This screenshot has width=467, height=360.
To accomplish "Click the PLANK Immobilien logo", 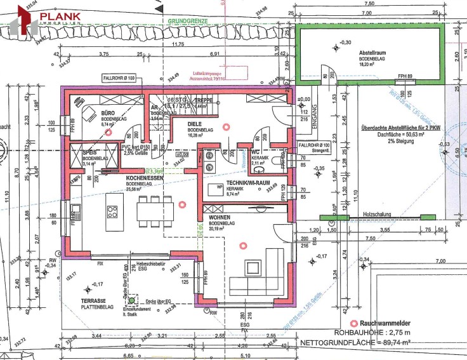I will [x=48, y=17].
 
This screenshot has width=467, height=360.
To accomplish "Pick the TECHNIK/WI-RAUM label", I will [x=237, y=183].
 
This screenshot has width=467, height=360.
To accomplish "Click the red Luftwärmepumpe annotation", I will [x=208, y=76].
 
